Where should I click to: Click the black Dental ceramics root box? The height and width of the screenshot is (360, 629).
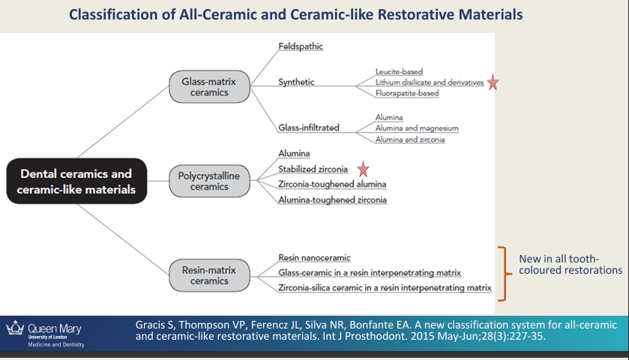(76, 181)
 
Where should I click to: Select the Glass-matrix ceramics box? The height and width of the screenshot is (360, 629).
(209, 87)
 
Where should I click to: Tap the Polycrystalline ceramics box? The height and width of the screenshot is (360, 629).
(209, 181)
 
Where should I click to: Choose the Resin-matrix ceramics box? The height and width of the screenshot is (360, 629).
(209, 275)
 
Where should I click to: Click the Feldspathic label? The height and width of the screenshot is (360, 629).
(301, 46)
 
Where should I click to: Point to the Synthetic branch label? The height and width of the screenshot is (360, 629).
(296, 82)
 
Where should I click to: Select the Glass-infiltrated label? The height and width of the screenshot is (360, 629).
(308, 127)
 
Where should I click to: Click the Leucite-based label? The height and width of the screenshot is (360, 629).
(399, 71)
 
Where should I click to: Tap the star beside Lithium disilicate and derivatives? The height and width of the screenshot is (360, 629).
(493, 82)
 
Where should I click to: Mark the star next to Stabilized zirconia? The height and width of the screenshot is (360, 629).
(363, 169)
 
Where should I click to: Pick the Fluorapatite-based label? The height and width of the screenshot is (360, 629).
(407, 93)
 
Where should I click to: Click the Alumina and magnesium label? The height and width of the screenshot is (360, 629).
(417, 128)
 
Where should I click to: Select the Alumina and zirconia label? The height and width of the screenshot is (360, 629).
(410, 139)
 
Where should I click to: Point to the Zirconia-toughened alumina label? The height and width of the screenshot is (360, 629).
(332, 184)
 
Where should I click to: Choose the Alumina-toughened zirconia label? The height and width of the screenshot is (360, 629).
(333, 199)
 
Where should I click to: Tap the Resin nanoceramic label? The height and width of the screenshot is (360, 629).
(315, 258)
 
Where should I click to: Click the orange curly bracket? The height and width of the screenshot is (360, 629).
(504, 274)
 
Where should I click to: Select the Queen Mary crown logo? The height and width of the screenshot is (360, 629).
(15, 328)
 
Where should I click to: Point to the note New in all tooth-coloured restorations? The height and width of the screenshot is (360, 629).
(571, 265)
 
